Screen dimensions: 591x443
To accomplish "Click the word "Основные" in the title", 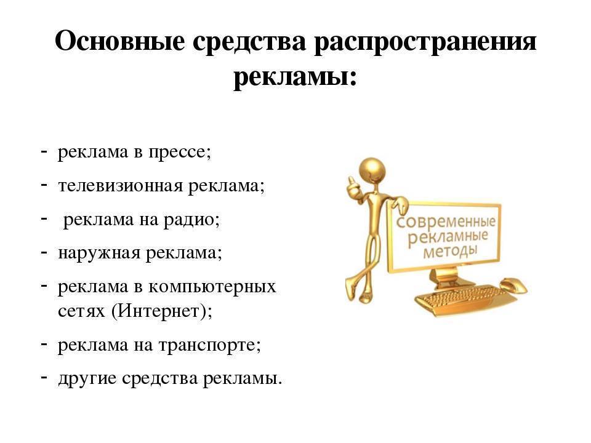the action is [x=120, y=41].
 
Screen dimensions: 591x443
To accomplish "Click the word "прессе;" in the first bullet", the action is [x=180, y=153].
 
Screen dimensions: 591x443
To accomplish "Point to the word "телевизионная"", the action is [x=120, y=185].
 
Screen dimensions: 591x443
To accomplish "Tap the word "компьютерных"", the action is [x=212, y=287].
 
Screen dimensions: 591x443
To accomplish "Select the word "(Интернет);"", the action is [x=162, y=311].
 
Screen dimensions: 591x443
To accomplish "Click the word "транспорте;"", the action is [x=209, y=346].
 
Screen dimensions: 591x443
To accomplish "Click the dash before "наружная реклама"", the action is [x=44, y=252].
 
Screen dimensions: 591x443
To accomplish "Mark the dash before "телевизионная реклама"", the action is [x=44, y=185].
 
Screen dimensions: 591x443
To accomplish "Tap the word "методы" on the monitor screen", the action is [x=450, y=251].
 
